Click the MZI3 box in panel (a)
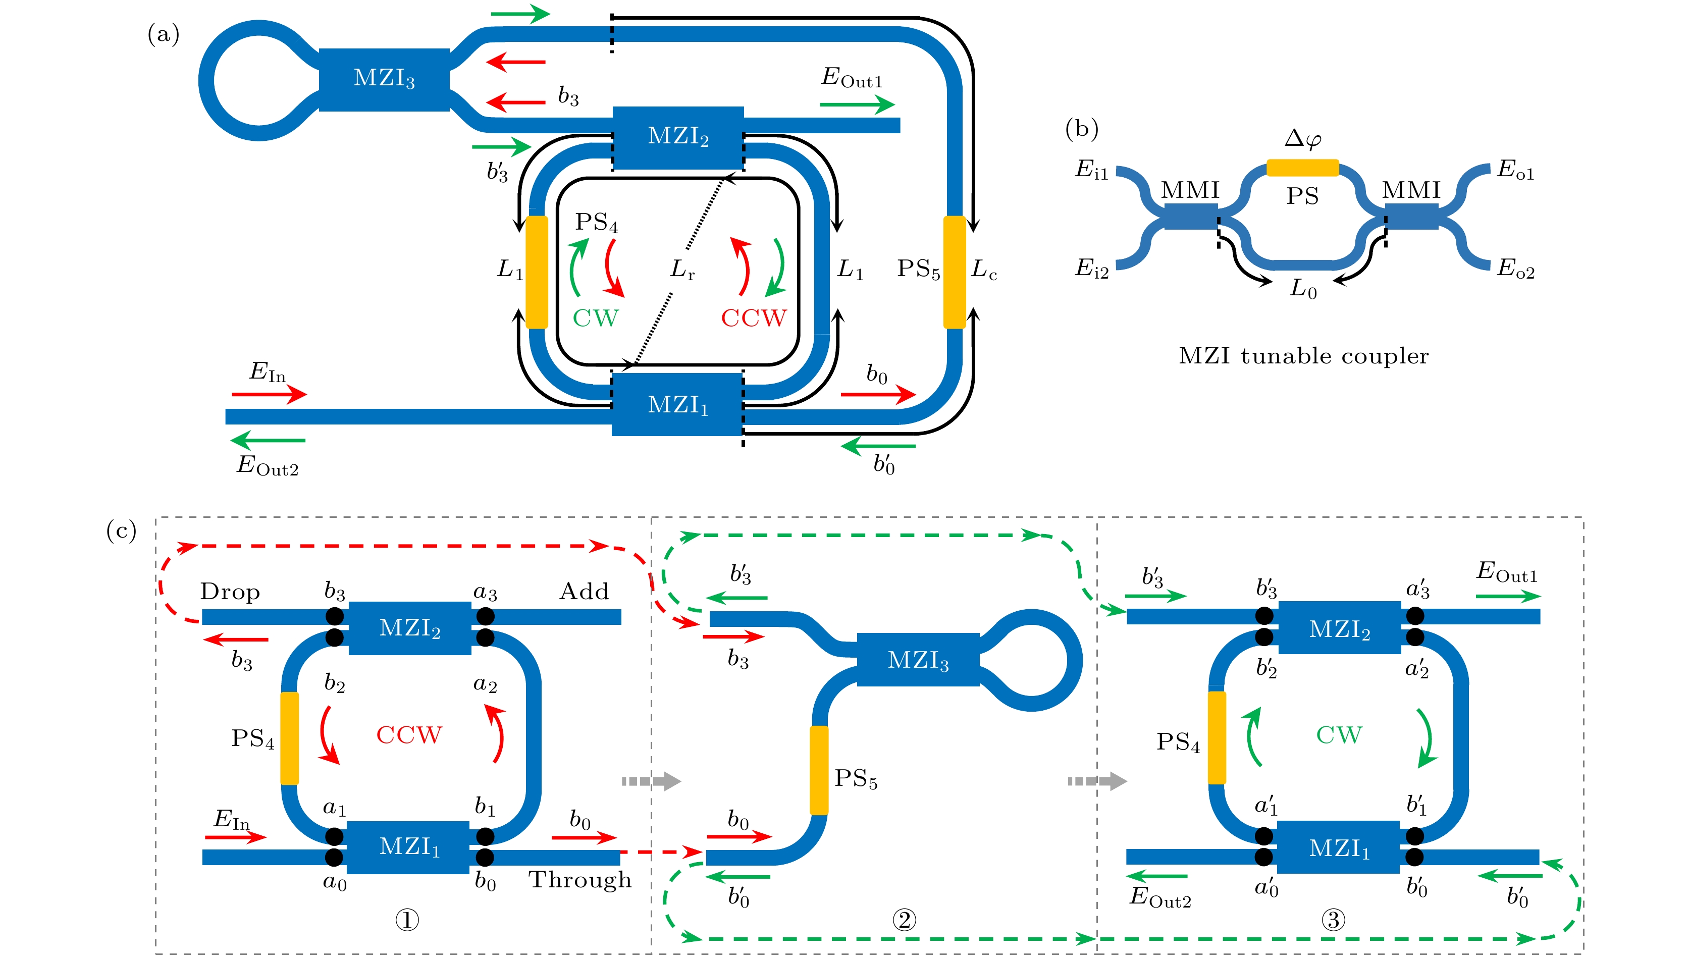pyautogui.click(x=384, y=79)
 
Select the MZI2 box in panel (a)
pyautogui.click(x=678, y=136)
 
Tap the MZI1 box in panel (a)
pyautogui.click(x=678, y=404)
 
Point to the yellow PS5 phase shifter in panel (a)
pyautogui.click(x=955, y=272)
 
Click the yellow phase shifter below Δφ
pyautogui.click(x=1302, y=168)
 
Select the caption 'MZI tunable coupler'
pyautogui.click(x=1303, y=356)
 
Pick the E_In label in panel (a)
pyautogui.click(x=267, y=372)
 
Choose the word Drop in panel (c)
pyautogui.click(x=230, y=592)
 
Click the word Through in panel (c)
pyautogui.click(x=579, y=880)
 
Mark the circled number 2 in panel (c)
pyautogui.click(x=904, y=920)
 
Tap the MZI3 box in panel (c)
pyautogui.click(x=918, y=660)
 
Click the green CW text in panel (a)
pyautogui.click(x=596, y=318)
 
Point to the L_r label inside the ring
pyautogui.click(x=682, y=270)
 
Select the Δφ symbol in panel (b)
pyautogui.click(x=1302, y=138)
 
